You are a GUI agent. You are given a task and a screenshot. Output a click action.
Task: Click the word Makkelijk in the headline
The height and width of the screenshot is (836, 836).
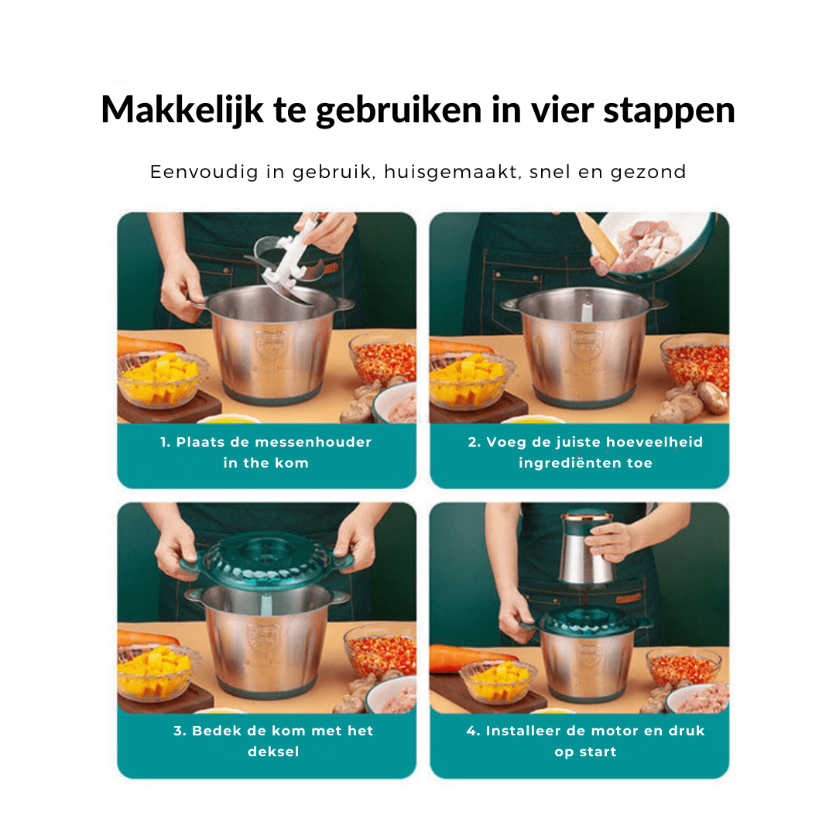click(x=183, y=111)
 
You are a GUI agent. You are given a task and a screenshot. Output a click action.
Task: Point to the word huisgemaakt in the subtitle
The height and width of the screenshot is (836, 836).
click(x=452, y=172)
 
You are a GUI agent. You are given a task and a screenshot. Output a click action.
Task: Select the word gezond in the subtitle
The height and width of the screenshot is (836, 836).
click(x=648, y=173)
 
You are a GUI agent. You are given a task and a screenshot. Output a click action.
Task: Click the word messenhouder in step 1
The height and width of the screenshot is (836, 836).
click(x=313, y=442)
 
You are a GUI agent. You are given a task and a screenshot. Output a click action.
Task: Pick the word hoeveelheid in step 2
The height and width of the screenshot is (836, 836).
click(x=655, y=442)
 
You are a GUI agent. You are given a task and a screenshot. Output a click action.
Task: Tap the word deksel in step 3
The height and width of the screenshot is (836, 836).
click(x=273, y=751)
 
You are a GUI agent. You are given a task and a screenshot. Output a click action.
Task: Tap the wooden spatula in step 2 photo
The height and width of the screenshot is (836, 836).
click(x=596, y=238)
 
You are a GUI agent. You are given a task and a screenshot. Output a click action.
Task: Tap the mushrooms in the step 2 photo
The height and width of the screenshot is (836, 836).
click(x=692, y=401)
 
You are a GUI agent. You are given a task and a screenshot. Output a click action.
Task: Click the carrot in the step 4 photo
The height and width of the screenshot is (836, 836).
click(x=472, y=659)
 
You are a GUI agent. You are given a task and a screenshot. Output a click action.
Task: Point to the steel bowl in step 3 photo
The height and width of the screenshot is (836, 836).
click(x=266, y=641)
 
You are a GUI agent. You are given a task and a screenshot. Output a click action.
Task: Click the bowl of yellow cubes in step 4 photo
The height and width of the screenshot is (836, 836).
click(x=498, y=683)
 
